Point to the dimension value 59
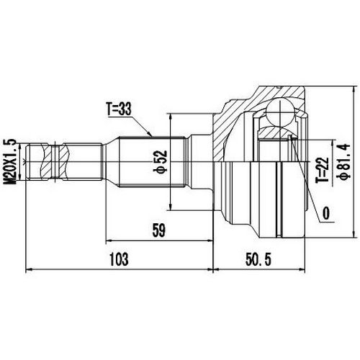click(159, 231)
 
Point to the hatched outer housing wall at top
click(245, 101)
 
